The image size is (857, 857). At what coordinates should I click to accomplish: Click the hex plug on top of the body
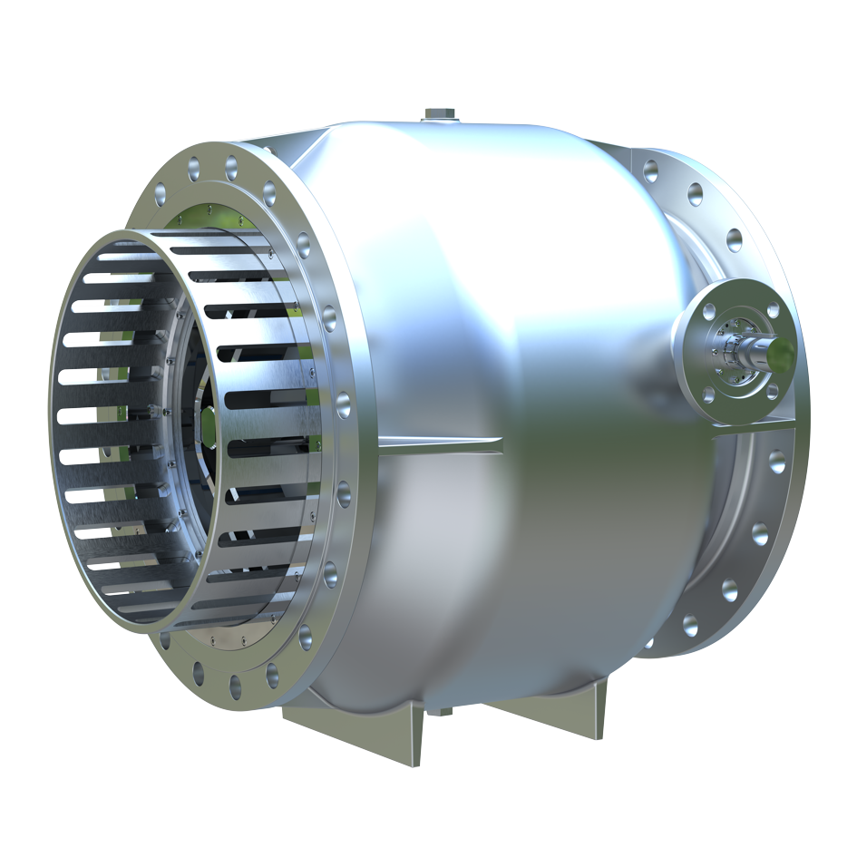[440, 114]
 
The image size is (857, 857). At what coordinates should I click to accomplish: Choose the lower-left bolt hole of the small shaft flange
[708, 394]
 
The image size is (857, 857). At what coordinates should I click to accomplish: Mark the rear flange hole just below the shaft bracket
[777, 460]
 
